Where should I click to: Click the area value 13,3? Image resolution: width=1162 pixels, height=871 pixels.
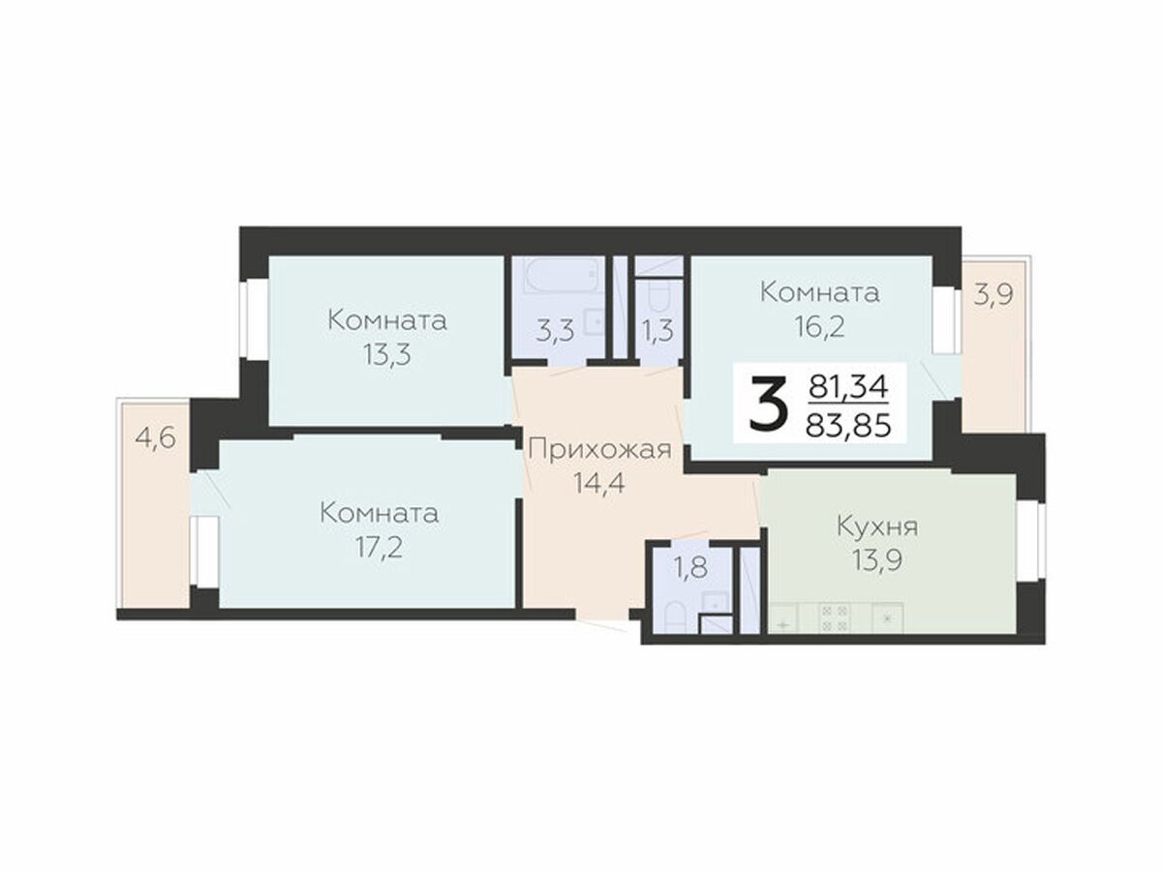pos(387,354)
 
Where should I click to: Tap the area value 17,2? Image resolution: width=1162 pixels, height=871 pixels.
pos(379,547)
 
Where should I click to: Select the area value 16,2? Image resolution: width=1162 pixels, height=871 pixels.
pos(819,327)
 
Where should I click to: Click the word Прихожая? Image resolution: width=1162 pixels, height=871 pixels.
pos(600,450)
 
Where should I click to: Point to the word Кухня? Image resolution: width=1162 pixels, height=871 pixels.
pos(877,526)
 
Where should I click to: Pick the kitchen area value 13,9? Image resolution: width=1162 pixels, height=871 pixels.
pos(877,560)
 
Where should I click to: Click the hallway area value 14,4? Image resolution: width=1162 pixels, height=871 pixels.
pos(599,483)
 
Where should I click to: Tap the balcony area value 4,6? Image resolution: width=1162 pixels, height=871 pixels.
pos(155,438)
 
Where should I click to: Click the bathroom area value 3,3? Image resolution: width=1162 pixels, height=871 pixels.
pos(555,332)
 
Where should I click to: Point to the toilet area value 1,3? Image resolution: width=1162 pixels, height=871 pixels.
pos(658,331)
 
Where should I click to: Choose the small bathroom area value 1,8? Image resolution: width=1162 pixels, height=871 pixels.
pos(690,568)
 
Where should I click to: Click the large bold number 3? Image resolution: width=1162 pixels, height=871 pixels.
pos(766,405)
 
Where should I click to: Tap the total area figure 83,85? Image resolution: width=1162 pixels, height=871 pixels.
pos(848,426)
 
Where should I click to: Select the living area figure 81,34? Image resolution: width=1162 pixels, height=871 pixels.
pos(848,387)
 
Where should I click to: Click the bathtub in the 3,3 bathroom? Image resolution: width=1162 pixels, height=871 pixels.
pos(565,275)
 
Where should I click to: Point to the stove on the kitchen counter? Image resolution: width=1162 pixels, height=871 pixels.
pos(835,618)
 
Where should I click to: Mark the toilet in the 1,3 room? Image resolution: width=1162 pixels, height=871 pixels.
pos(658,295)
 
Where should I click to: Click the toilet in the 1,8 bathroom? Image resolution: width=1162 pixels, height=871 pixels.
pos(671,617)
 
